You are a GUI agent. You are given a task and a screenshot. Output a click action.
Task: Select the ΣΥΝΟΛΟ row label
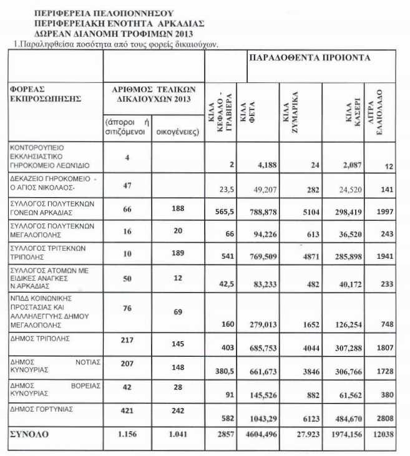pos(30,432)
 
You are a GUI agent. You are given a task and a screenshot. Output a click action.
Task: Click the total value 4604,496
pos(255,433)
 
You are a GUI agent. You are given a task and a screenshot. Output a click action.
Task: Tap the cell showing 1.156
pos(127,432)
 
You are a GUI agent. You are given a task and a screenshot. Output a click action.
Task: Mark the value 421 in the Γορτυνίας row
pos(127,409)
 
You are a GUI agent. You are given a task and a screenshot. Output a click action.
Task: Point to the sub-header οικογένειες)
pos(177,132)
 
